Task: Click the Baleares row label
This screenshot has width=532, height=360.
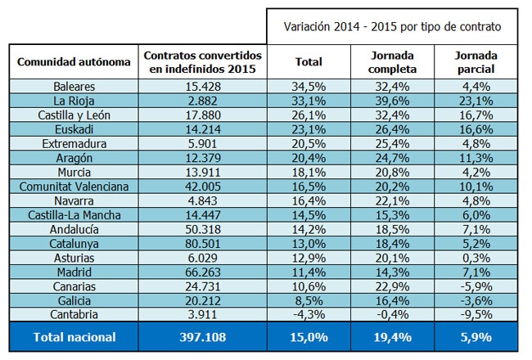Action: point(74,87)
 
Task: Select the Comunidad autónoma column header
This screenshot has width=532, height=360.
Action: point(74,61)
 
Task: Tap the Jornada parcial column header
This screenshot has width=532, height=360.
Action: point(476,62)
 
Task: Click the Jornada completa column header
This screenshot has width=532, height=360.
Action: point(392,62)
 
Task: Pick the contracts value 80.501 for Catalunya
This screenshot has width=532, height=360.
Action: point(203,244)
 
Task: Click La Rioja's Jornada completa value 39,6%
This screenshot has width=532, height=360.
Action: point(392,101)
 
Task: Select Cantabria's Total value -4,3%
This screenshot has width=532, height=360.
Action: point(309,314)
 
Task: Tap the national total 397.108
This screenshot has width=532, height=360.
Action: point(203,337)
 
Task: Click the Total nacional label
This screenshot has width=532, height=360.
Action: point(74,337)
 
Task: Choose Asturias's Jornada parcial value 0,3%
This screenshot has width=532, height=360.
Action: point(476,258)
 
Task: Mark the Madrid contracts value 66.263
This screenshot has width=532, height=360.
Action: point(203,272)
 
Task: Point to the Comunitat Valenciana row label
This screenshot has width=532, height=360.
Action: point(74,187)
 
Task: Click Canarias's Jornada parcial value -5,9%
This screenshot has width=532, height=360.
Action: point(476,286)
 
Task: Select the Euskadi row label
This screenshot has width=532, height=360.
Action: point(74,129)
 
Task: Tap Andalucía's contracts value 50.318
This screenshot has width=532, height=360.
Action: point(203,229)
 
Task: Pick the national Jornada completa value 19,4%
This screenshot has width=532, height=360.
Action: point(393,337)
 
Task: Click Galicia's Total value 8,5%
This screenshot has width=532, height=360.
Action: point(309,300)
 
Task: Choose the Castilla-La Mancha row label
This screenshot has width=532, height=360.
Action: point(74,215)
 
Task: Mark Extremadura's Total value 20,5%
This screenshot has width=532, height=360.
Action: point(309,144)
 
